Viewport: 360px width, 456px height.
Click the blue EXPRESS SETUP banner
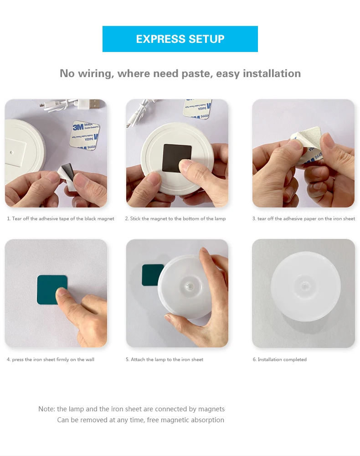pyautogui.click(x=180, y=39)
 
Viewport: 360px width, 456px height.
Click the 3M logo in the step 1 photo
pyautogui.click(x=78, y=127)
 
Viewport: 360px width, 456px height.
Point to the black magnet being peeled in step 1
pyautogui.click(x=68, y=171)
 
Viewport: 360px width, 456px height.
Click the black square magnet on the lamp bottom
pyautogui.click(x=177, y=157)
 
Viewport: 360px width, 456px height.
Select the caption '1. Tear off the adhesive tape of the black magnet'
pyautogui.click(x=61, y=219)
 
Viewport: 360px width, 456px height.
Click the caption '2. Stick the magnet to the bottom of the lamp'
pyautogui.click(x=175, y=219)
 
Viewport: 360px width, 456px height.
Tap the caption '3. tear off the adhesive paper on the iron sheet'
pyautogui.click(x=303, y=219)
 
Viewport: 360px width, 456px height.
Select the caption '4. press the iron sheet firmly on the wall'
pyautogui.click(x=51, y=359)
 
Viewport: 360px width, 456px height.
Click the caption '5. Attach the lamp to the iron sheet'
pyautogui.click(x=165, y=359)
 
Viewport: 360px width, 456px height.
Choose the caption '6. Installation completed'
pyautogui.click(x=279, y=359)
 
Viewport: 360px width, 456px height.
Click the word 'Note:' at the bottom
pyautogui.click(x=46, y=409)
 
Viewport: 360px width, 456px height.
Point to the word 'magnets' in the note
pyautogui.click(x=211, y=409)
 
